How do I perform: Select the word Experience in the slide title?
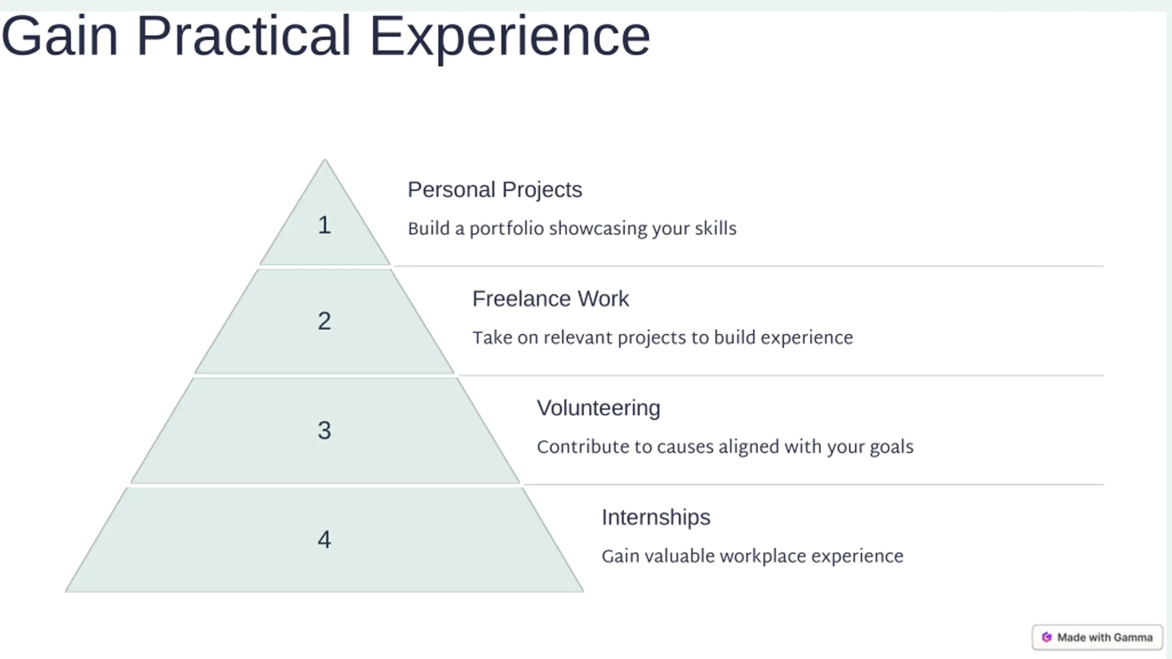(510, 39)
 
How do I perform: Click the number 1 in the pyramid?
(324, 225)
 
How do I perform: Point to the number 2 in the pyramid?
(324, 321)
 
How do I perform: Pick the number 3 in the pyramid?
(324, 430)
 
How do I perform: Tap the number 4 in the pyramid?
(324, 540)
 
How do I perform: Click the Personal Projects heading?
(495, 190)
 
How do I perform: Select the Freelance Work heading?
(551, 299)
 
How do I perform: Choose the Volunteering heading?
(598, 408)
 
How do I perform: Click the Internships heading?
(656, 518)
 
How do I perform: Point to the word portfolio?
(507, 229)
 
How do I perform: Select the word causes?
(685, 447)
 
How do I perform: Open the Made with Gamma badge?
(1097, 637)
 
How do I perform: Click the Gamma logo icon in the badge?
(1047, 637)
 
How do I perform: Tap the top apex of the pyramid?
(325, 159)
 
